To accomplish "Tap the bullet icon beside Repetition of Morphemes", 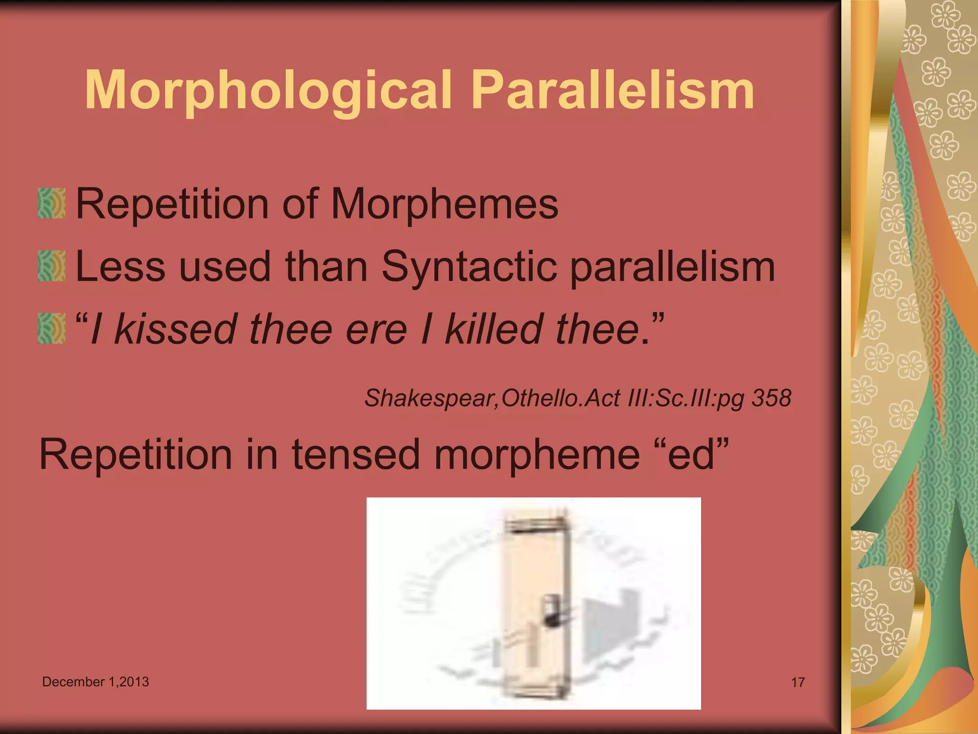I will pyautogui.click(x=52, y=204).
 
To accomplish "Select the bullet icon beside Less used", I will pyautogui.click(x=52, y=266).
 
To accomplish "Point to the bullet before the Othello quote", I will pyautogui.click(x=52, y=328).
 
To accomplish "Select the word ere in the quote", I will pyautogui.click(x=377, y=330).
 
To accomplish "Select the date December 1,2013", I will pyautogui.click(x=96, y=681).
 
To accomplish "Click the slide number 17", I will pyautogui.click(x=798, y=682).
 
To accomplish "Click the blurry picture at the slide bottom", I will pyautogui.click(x=533, y=603).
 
